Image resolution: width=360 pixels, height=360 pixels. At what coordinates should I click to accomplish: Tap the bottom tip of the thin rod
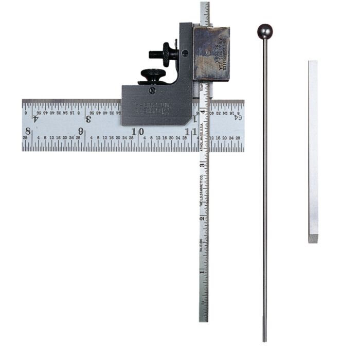(265, 339)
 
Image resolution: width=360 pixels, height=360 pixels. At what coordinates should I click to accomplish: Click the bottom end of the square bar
(313, 239)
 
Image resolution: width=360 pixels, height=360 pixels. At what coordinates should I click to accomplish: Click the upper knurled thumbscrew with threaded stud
(167, 52)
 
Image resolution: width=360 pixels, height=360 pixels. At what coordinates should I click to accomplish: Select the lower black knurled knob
(152, 76)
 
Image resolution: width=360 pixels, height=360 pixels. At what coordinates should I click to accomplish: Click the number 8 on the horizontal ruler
(27, 131)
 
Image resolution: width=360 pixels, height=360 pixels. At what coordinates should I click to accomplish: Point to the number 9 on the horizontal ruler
(81, 131)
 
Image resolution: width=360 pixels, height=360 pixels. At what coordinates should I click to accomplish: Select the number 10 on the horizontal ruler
(137, 131)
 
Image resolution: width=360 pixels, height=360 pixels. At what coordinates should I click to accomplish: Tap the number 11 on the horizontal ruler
(192, 131)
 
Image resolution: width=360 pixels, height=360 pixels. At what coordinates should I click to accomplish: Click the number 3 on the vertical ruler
(203, 166)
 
